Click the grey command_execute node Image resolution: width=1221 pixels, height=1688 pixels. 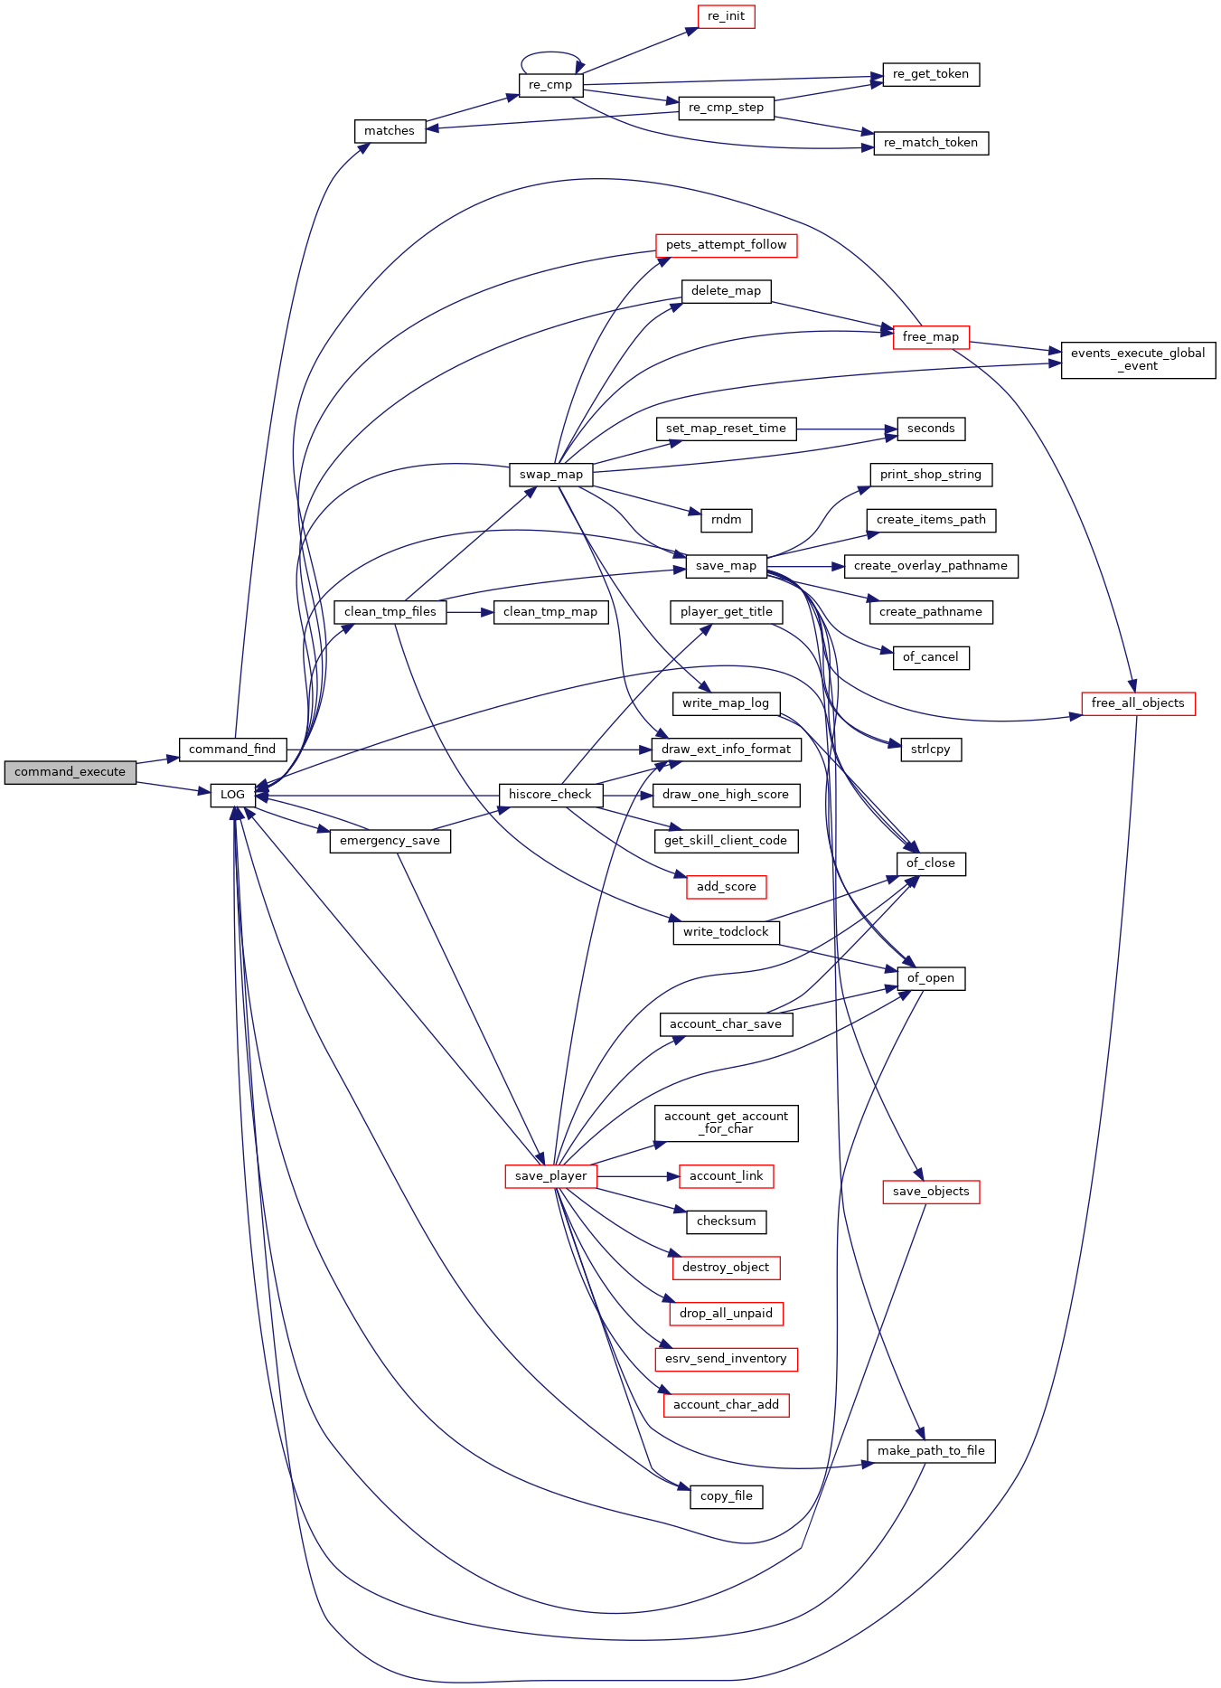[70, 772]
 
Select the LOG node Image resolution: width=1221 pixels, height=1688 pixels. [232, 795]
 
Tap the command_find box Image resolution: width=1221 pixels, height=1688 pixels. [232, 750]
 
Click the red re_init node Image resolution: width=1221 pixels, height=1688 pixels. [726, 16]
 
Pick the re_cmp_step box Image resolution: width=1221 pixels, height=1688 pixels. [726, 108]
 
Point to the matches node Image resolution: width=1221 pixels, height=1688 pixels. [390, 131]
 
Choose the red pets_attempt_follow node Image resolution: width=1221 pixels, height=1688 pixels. [726, 245]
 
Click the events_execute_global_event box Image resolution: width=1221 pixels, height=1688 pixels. [1138, 360]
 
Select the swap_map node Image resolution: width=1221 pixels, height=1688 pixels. [551, 475]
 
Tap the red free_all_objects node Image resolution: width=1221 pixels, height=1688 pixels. [1138, 703]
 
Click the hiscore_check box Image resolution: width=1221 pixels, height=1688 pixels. [550, 795]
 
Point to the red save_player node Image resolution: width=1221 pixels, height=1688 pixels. [550, 1176]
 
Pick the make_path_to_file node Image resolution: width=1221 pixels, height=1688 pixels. [931, 1451]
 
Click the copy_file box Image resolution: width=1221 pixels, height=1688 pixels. [726, 1496]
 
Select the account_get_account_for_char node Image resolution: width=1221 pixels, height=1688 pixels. [726, 1123]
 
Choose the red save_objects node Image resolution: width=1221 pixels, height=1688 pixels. [931, 1192]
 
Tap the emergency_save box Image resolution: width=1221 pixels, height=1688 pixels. [390, 841]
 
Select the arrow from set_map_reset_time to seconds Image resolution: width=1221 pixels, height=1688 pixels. [847, 429]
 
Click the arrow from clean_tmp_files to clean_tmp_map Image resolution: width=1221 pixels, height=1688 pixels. [470, 612]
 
